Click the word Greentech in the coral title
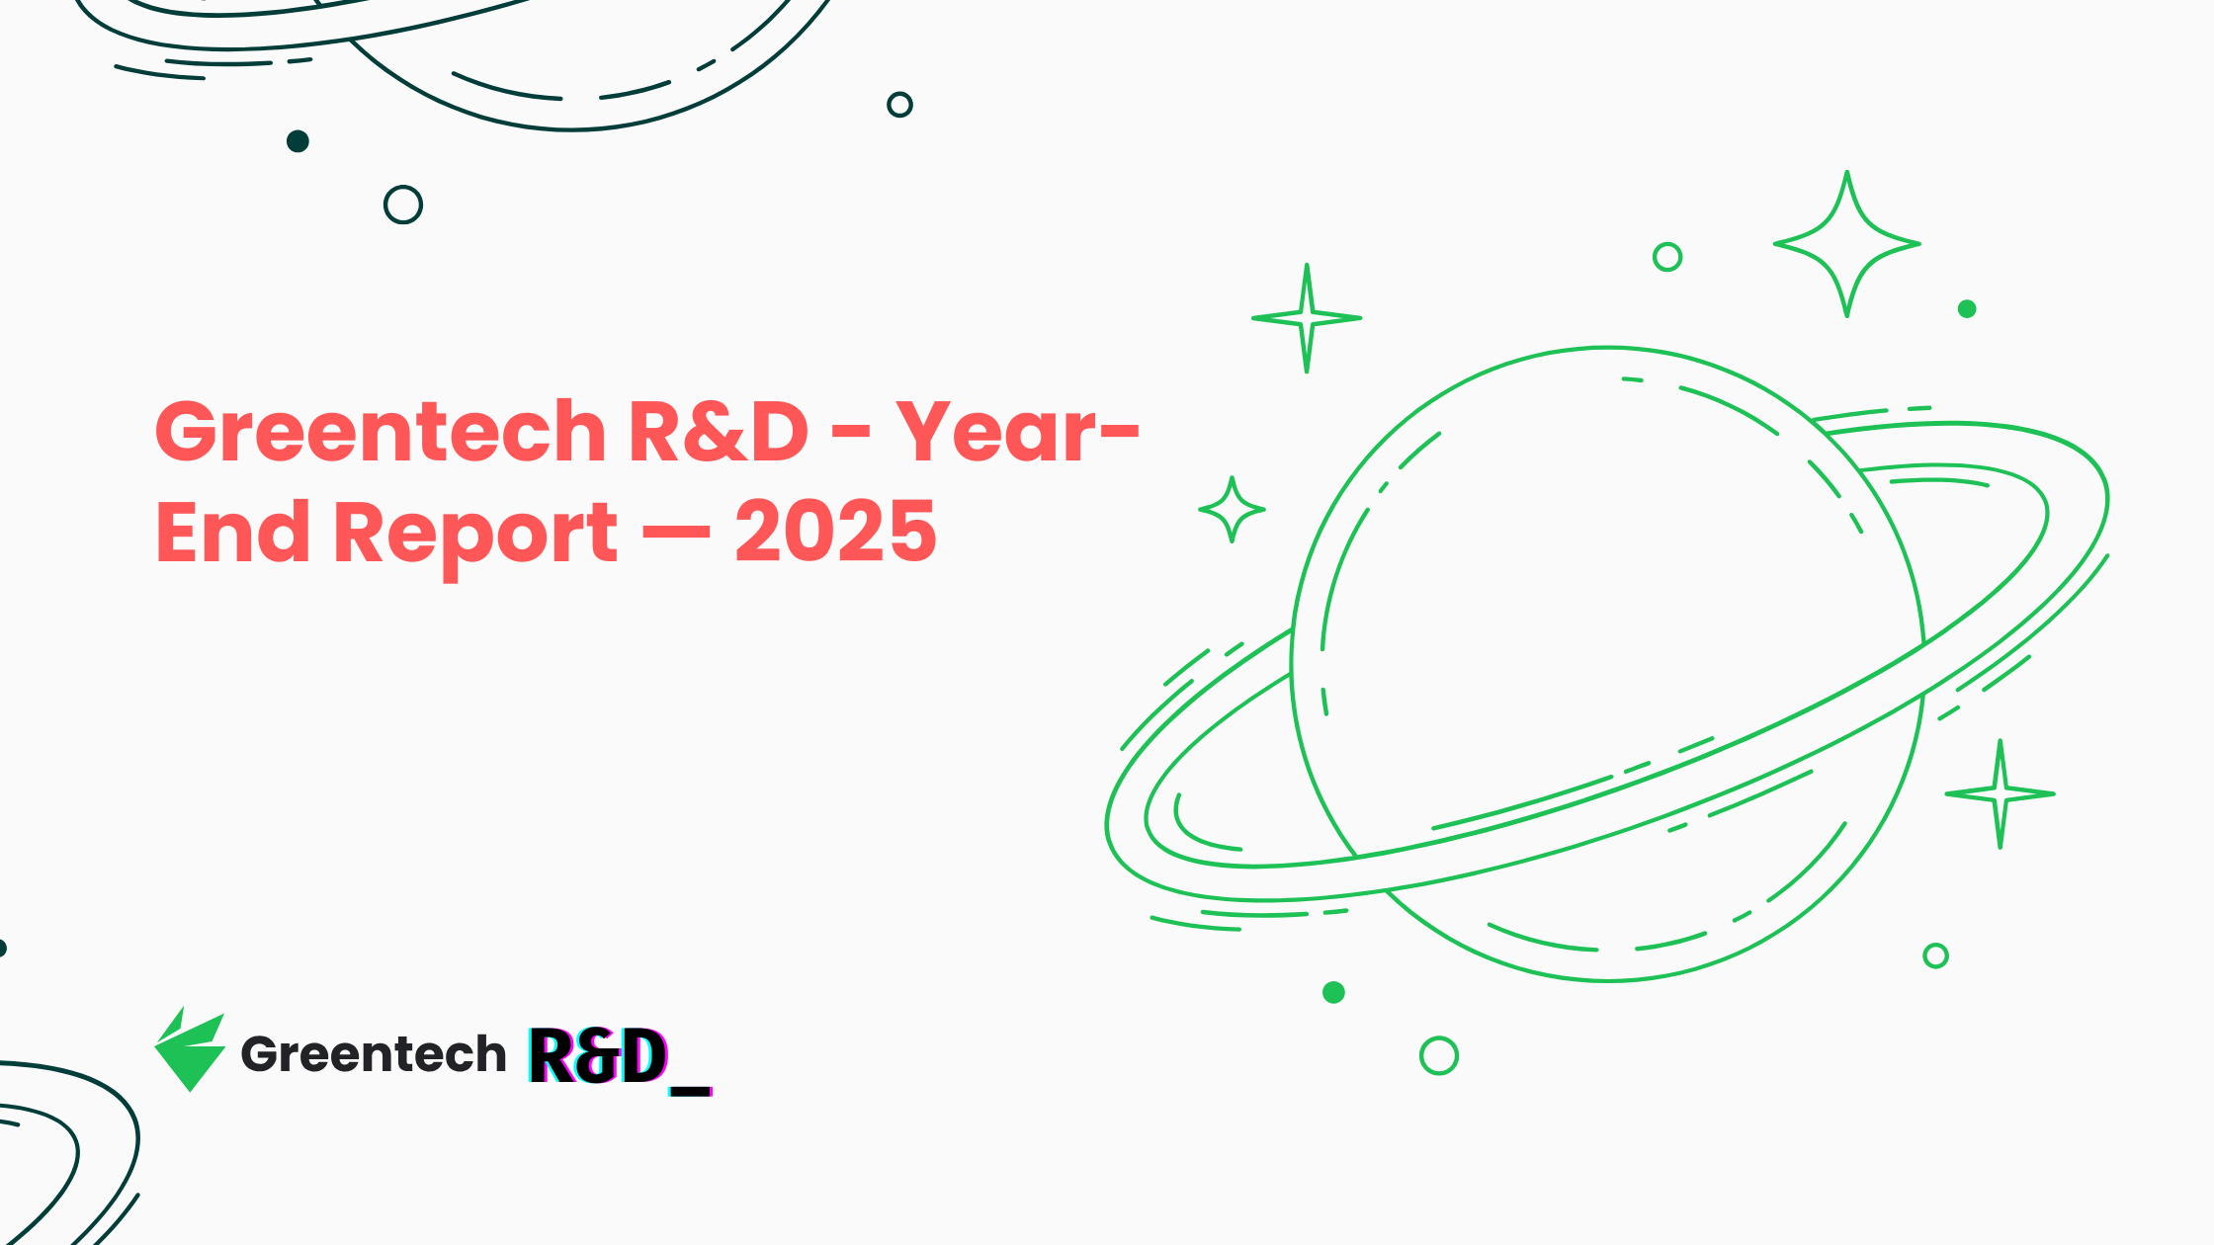tap(381, 433)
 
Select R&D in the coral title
tap(719, 433)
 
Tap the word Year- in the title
tap(1018, 433)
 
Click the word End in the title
tap(233, 534)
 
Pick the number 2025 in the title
tap(835, 534)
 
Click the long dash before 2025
tap(676, 535)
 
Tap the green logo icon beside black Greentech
tap(189, 1051)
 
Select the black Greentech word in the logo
tap(374, 1054)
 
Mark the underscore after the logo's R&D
tap(691, 1091)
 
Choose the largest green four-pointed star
tap(1846, 244)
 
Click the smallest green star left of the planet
tap(1232, 510)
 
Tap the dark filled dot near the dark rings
tap(298, 141)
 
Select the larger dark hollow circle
tap(403, 205)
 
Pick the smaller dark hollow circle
tap(899, 104)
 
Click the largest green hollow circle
tap(1439, 1055)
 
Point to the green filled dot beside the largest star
tap(1967, 309)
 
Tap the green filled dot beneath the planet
tap(1333, 992)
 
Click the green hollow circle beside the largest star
tap(1667, 257)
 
